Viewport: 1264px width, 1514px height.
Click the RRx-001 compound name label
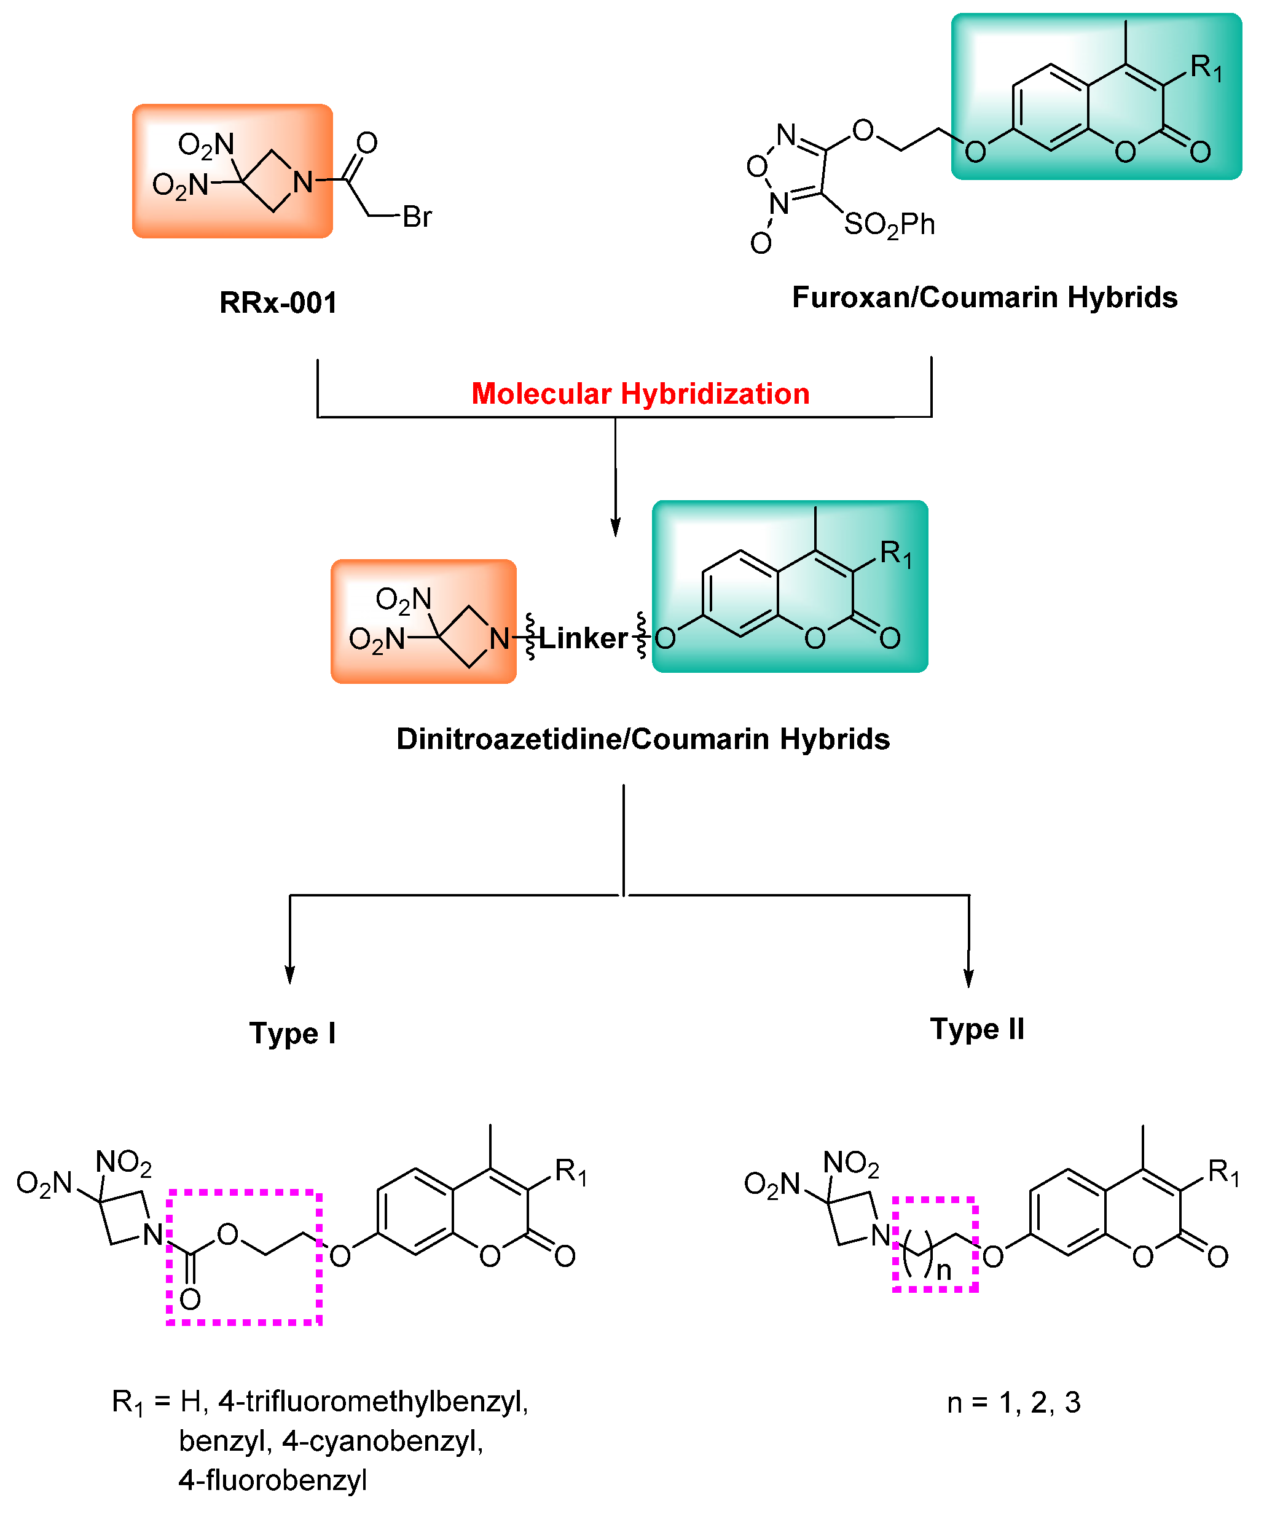278,303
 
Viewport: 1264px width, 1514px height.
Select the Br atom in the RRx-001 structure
417,217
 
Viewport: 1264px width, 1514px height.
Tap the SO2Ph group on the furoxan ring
889,225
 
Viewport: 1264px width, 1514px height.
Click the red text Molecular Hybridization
640,394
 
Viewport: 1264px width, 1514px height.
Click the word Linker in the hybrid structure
583,638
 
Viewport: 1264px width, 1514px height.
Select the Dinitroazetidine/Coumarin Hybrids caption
643,739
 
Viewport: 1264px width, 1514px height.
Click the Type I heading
292,1033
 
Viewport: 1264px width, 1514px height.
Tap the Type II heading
976,1029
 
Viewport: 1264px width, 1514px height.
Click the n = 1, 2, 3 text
1013,1402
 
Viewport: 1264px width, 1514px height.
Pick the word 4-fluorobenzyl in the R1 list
273,1480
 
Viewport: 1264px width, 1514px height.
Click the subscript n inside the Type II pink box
944,1270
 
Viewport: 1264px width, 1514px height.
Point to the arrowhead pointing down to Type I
290,975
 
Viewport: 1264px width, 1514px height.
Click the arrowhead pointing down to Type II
968,978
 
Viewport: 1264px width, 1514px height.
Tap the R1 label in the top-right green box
1206,68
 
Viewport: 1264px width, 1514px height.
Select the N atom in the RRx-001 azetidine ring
303,182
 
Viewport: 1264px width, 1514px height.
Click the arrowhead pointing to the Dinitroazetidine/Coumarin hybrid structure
615,528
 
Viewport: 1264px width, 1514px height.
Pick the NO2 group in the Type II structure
851,1163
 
